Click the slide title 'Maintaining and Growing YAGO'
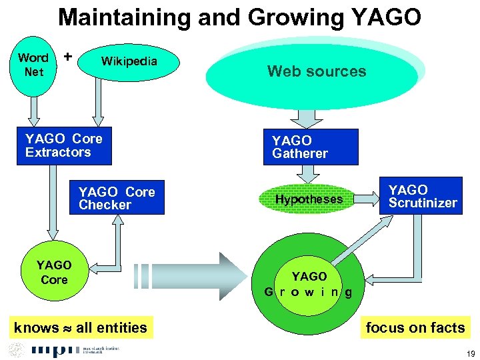pyautogui.click(x=239, y=17)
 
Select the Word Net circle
pyautogui.click(x=33, y=65)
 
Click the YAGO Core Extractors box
pyautogui.click(x=64, y=145)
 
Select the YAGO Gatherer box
pyautogui.click(x=310, y=147)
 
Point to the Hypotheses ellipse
pyautogui.click(x=309, y=199)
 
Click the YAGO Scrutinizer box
pyautogui.click(x=423, y=196)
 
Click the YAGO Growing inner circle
pyautogui.click(x=309, y=283)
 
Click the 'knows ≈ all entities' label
pyautogui.click(x=81, y=327)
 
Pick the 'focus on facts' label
pyautogui.click(x=415, y=327)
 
